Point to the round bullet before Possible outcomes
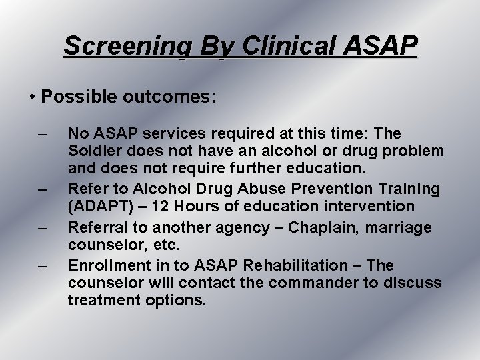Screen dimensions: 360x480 [x=33, y=97]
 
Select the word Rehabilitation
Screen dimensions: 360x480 [x=293, y=265]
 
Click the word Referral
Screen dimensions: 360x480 [x=97, y=228]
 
